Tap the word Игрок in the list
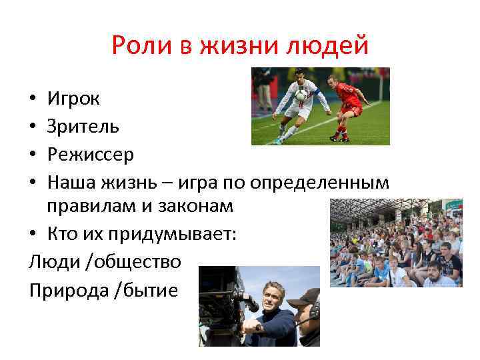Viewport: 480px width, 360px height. [73, 99]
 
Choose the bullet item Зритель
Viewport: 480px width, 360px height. [83, 127]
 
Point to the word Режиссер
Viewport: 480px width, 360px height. [90, 155]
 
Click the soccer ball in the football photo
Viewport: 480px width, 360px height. [301, 95]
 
